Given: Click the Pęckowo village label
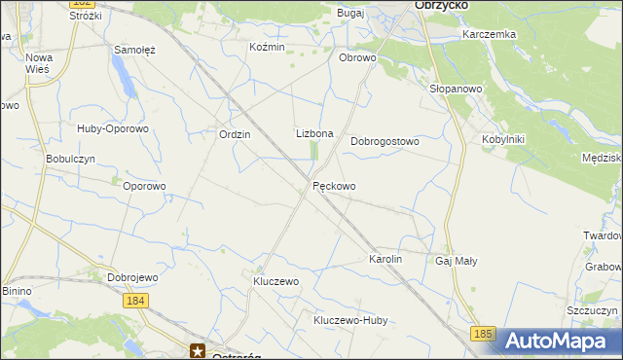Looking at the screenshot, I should [334, 186].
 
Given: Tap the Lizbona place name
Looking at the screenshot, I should [314, 133].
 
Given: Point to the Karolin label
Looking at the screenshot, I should [385, 260].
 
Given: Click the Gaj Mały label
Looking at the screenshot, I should [456, 261].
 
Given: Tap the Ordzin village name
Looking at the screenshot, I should [236, 135].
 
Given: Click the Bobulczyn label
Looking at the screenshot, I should [70, 159].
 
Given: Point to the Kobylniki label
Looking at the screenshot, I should [502, 139].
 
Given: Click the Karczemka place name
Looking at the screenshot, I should [490, 34].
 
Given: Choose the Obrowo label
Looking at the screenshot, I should [356, 57].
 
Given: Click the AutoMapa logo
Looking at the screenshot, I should [559, 341].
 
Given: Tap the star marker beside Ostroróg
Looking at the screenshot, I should [199, 351].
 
